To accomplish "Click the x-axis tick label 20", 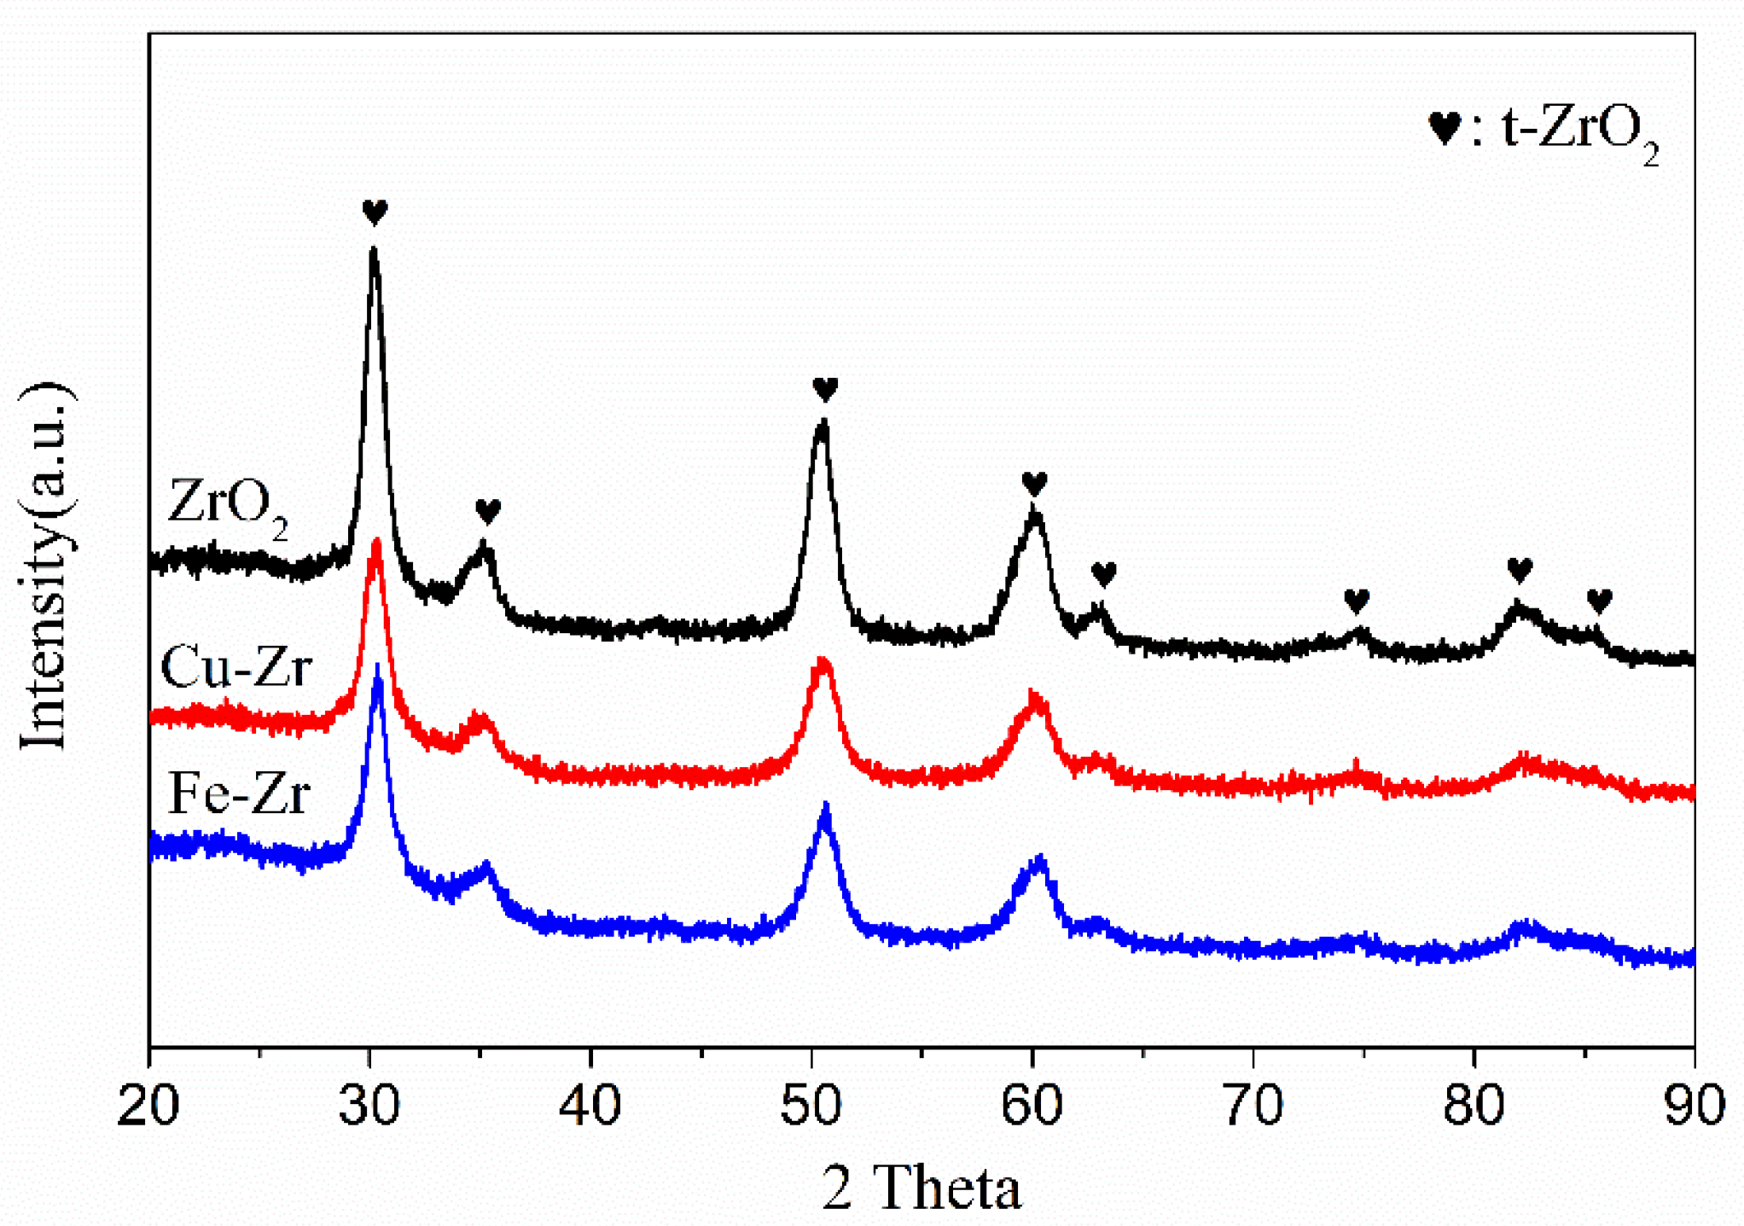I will pos(148,1107).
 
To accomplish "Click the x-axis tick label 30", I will pos(369,1107).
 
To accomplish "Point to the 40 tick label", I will pos(590,1107).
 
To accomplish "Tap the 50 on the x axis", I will pos(811,1107).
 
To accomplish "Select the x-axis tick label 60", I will pos(1032,1107).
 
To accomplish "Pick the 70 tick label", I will pos(1253,1107).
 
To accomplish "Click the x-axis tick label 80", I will pos(1474,1107).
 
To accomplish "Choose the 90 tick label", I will pos(1695,1107).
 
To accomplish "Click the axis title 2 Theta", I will pos(921,1187).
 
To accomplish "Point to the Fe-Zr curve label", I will pos(238,793).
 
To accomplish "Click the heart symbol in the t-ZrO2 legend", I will pos(1445,129).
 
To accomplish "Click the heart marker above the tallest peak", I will pos(375,211).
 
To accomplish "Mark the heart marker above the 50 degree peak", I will pos(825,389).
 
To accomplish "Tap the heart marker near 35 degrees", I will pos(487,511).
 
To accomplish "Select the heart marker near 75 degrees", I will pos(1357,601).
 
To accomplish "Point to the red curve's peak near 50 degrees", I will pos(822,661).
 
